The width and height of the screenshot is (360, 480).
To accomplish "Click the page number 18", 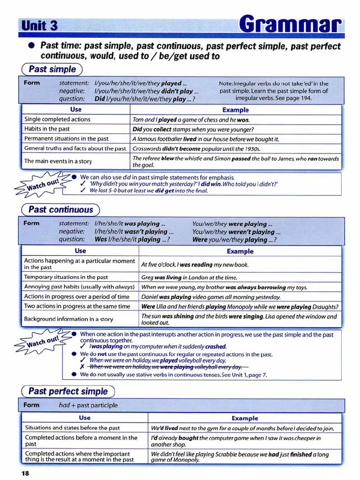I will tap(24, 473).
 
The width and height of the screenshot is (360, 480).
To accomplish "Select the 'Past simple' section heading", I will tap(52, 69).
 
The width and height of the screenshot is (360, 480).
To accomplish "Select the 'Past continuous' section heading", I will tap(61, 210).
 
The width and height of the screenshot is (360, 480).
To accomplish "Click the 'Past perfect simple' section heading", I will tap(68, 391).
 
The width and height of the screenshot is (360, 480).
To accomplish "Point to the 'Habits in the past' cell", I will tap(47, 129).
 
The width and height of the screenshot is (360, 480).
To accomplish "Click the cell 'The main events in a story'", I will tap(58, 161).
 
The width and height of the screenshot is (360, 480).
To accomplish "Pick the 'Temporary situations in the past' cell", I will tap(66, 277).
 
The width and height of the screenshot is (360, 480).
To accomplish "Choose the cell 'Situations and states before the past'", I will tap(73, 427).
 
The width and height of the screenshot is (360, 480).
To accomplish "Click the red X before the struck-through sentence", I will tap(82, 367).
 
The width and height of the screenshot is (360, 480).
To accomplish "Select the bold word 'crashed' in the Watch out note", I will tap(216, 347).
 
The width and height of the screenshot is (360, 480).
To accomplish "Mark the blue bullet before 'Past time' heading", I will tap(31, 46).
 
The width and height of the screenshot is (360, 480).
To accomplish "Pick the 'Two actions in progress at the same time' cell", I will tap(77, 307).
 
